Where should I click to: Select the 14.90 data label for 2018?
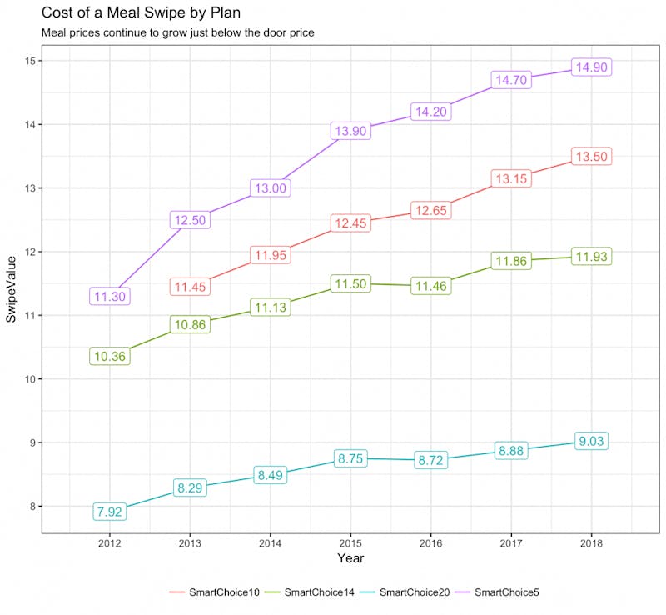(592, 67)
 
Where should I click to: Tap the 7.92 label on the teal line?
(110, 512)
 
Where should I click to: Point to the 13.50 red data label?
(592, 157)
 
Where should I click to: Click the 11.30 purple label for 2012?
(110, 296)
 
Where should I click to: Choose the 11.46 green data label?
(430, 287)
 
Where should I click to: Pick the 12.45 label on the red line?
(350, 223)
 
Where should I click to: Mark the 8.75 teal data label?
(350, 458)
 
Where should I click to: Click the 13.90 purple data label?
(350, 131)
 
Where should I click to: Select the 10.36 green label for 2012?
(110, 356)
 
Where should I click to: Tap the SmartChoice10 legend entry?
(215, 592)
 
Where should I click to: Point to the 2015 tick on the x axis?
(350, 542)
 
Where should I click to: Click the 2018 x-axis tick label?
(592, 542)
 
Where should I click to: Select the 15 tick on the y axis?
(29, 61)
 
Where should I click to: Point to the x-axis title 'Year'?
(350, 557)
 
